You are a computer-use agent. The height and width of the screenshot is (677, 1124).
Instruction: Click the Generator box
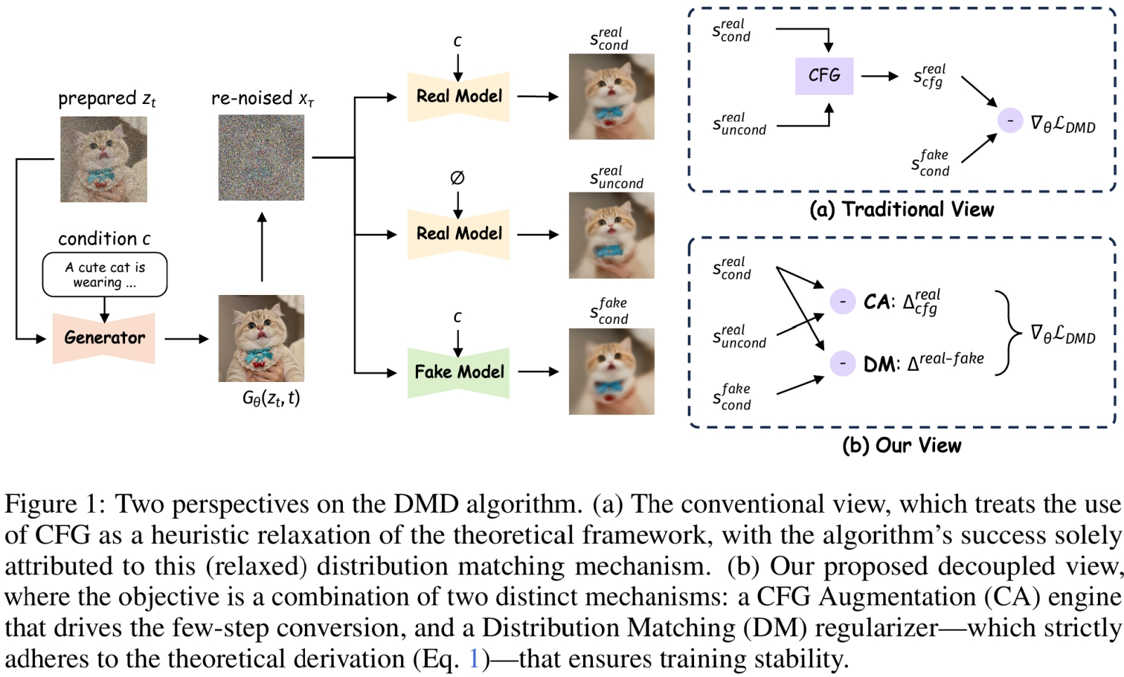[x=104, y=338]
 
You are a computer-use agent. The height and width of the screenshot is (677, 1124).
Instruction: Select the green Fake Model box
[x=459, y=372]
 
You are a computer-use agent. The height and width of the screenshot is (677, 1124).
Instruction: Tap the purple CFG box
[x=824, y=76]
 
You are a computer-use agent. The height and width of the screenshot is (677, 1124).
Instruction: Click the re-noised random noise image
[x=261, y=158]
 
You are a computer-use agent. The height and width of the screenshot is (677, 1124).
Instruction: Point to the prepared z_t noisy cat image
[x=104, y=159]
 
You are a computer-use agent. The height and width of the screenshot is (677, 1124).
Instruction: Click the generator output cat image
[x=261, y=338]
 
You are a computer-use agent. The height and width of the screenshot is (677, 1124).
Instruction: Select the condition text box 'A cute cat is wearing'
[x=105, y=275]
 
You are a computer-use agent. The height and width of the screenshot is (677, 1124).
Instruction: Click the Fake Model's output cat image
[x=611, y=372]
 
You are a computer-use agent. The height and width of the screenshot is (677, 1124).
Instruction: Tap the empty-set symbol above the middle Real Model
[x=457, y=178]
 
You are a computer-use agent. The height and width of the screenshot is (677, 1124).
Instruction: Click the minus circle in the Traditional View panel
[x=1009, y=121]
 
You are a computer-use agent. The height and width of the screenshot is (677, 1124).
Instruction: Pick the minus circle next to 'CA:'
[x=842, y=301]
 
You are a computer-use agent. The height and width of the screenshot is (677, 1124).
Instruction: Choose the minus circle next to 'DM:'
[x=842, y=363]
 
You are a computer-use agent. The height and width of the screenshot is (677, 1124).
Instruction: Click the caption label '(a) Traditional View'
[x=901, y=209]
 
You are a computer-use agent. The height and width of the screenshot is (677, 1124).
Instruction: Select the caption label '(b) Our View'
[x=901, y=445]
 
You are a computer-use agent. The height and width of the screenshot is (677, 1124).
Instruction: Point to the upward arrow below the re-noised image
[x=261, y=247]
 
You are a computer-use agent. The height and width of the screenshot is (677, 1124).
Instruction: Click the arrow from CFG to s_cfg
[x=880, y=76]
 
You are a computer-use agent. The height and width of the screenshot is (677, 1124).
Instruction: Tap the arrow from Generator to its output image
[x=187, y=338]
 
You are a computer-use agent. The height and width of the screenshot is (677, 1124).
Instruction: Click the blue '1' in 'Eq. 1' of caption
[x=474, y=659]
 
